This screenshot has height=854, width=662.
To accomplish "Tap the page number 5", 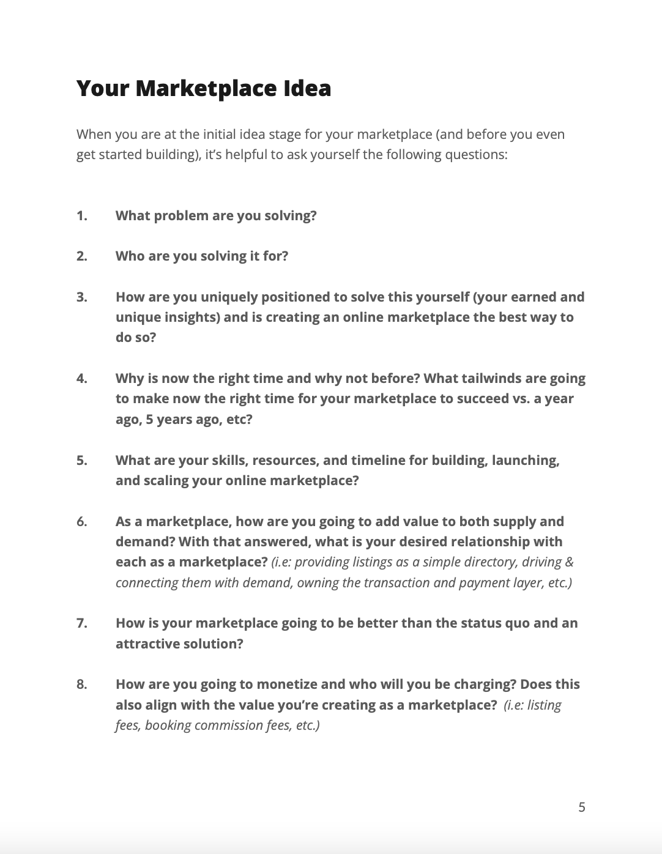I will [581, 807].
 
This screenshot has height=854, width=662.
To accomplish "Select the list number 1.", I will [82, 215].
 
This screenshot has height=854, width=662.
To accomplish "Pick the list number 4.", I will [82, 378].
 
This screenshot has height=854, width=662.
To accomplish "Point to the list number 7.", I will [82, 623].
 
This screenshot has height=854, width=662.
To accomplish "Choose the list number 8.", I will [82, 684].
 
